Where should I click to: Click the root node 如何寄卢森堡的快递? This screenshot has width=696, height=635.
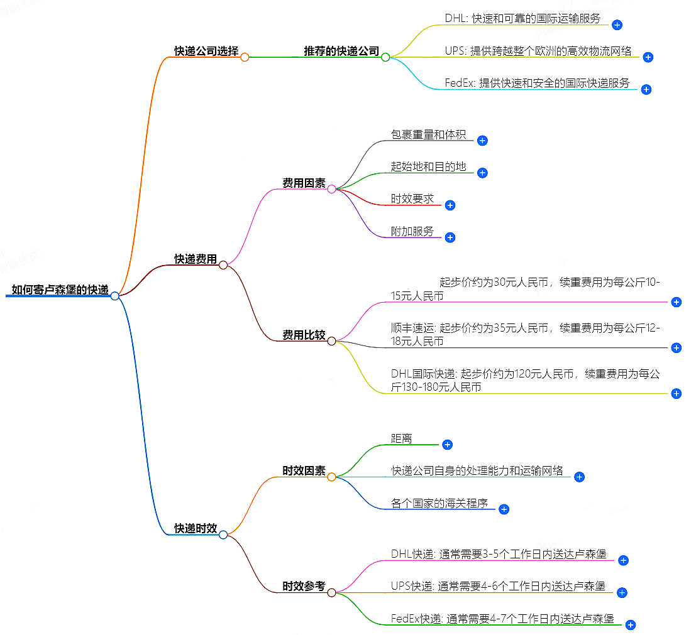click(x=60, y=290)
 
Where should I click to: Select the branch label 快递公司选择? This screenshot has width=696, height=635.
click(x=206, y=52)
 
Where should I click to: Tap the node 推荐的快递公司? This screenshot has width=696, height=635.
click(x=341, y=52)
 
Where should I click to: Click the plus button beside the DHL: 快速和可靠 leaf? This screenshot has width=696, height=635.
click(x=617, y=25)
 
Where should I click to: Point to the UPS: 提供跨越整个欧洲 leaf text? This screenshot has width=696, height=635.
click(x=538, y=52)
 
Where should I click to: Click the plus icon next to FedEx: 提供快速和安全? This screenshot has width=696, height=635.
click(x=646, y=89)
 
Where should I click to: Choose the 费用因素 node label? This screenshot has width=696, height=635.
click(x=304, y=183)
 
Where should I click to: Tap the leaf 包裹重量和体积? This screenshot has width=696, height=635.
click(x=428, y=134)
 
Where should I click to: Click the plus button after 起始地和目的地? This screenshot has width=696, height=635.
click(x=482, y=173)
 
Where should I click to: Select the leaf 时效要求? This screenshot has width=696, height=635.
click(x=412, y=199)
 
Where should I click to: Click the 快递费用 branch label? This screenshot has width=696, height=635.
click(x=196, y=259)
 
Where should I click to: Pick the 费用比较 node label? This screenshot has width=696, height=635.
click(x=304, y=335)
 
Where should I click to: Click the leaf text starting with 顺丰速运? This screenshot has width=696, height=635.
click(x=525, y=334)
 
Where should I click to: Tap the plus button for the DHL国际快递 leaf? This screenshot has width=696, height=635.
click(x=677, y=394)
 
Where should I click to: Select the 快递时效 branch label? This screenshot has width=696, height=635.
click(x=196, y=529)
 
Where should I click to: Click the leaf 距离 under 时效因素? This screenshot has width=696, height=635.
click(x=402, y=439)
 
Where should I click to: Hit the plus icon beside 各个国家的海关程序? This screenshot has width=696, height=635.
click(x=504, y=509)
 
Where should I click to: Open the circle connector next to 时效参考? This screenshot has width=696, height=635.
click(x=331, y=592)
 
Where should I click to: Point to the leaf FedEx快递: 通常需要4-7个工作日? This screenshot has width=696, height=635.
click(x=502, y=619)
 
